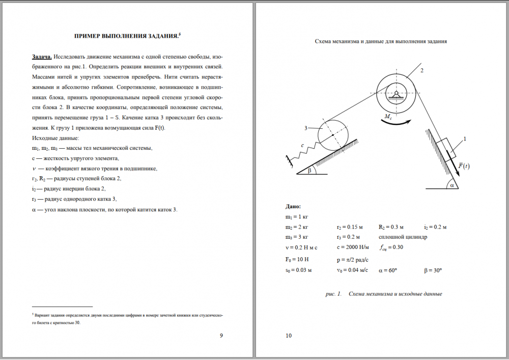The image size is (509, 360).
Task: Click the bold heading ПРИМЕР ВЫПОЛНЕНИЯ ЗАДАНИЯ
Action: (128, 36)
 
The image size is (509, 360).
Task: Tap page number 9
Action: (220, 335)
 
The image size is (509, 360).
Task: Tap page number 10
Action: (289, 335)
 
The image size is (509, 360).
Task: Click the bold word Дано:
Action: (293, 207)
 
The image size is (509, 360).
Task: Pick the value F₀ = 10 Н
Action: (298, 259)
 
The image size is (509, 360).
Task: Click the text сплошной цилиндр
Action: (403, 237)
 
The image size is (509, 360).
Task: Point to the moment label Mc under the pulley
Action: (388, 117)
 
